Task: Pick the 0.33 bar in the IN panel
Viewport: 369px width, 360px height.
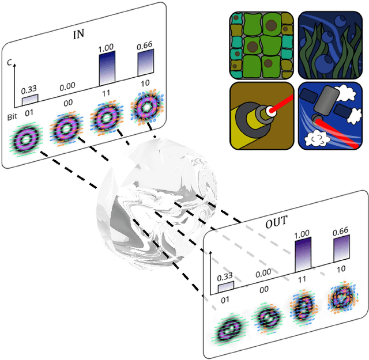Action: [29, 100]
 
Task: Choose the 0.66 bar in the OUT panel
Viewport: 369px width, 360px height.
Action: [342, 255]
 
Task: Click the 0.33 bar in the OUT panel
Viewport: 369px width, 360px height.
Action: [226, 286]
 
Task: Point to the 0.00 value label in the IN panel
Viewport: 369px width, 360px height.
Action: [67, 86]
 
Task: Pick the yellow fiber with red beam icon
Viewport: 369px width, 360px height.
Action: [261, 116]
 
